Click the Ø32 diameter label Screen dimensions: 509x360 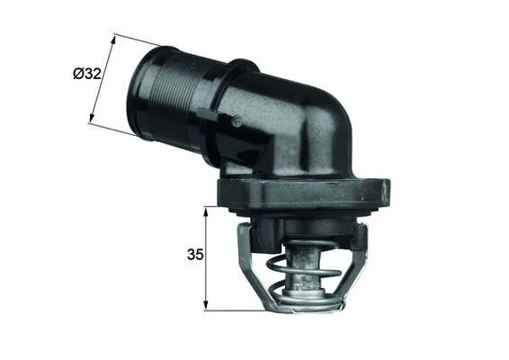tap(87, 74)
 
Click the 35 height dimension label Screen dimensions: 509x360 tap(195, 255)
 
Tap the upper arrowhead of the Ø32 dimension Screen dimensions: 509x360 tap(112, 40)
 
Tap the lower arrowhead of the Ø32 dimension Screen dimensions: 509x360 tap(92, 118)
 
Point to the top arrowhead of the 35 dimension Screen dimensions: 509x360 tap(205, 212)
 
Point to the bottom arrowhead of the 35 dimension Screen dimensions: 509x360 tap(205, 305)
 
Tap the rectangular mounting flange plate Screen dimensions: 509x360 tap(304, 193)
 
